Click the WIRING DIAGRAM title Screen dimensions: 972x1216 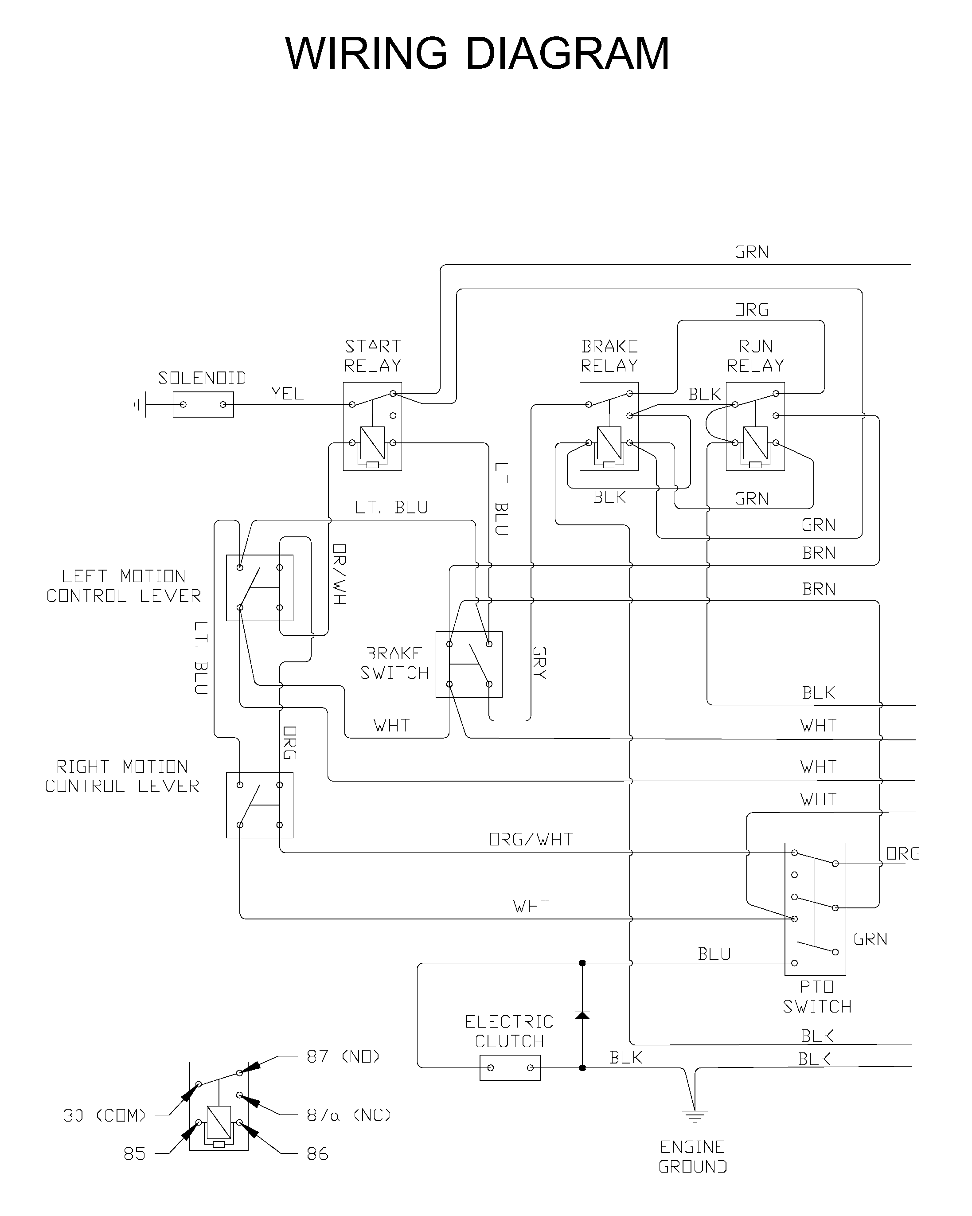coord(477,53)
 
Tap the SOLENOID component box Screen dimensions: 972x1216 coord(203,404)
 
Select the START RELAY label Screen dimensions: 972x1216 coord(373,356)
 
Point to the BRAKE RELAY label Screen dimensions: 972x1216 coord(609,356)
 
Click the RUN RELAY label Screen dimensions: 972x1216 coord(756,356)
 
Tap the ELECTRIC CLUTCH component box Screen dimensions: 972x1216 coord(510,1067)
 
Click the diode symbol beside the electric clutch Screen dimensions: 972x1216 coord(582,1015)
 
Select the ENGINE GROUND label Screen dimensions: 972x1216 coord(693,1157)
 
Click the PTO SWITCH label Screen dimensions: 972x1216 coord(817,997)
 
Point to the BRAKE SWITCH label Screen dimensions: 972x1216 coord(394,663)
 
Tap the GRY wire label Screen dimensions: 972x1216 coord(539,662)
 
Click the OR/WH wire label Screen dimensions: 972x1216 coord(339,574)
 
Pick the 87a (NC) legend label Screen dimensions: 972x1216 coord(349,1115)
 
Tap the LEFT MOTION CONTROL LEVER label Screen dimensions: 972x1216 coord(124,586)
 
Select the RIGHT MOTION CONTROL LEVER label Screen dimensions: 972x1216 coord(122,776)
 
